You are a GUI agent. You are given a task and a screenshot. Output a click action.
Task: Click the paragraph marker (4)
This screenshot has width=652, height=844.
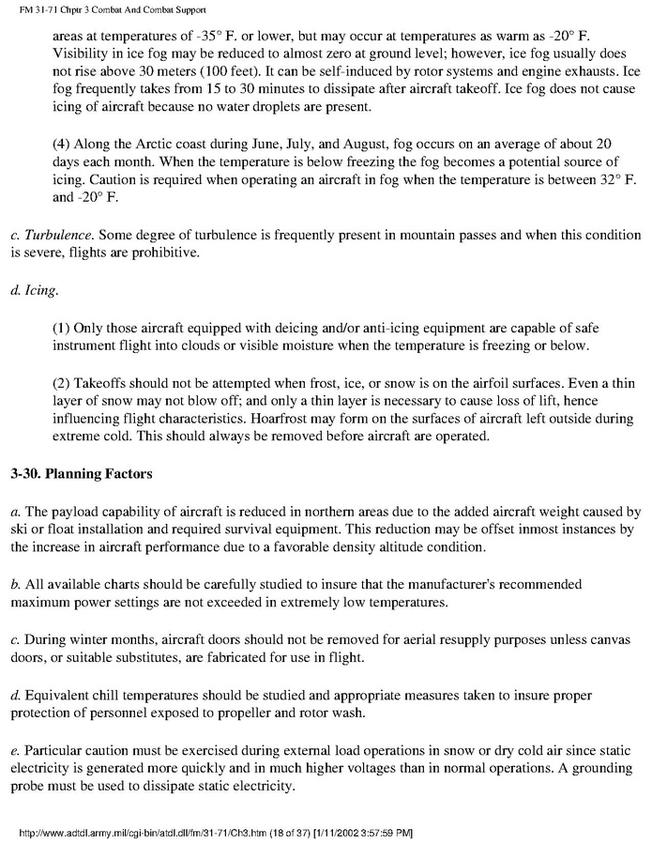(x=60, y=144)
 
